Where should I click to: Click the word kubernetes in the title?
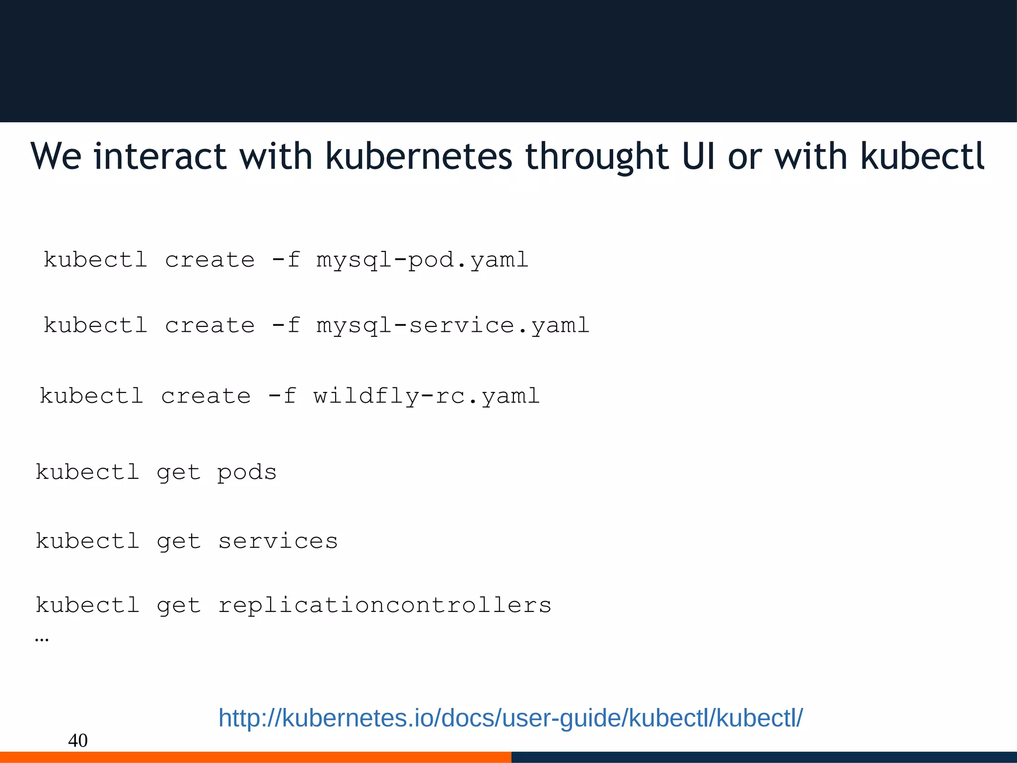tap(418, 156)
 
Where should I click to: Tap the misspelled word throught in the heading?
tap(597, 157)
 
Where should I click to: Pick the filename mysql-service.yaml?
tap(452, 326)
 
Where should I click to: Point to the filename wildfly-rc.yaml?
tap(426, 396)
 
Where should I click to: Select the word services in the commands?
tap(278, 541)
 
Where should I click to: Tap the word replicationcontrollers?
tap(384, 606)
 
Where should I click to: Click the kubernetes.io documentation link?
tap(510, 718)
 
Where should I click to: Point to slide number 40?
tap(77, 741)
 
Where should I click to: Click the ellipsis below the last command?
tap(42, 639)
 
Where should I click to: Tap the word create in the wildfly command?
tap(206, 396)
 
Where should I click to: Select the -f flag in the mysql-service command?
tap(286, 326)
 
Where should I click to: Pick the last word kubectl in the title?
tap(922, 156)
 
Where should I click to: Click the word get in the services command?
tap(179, 541)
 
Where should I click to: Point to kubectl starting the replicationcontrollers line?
tap(87, 606)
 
